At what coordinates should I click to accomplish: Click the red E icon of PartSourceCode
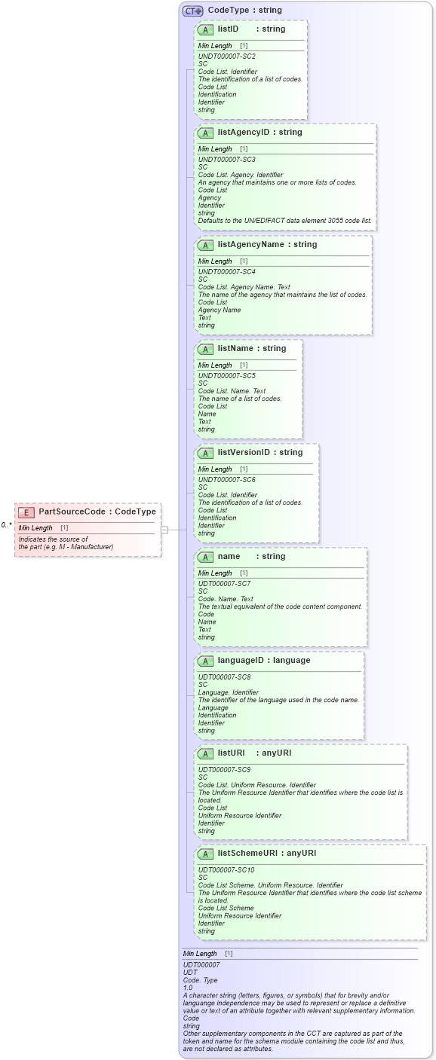pos(26,512)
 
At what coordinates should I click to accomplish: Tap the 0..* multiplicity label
pos(6,524)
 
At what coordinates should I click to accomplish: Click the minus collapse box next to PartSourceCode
pos(164,530)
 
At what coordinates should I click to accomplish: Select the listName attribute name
pos(236,349)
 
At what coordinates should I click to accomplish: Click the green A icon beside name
pos(204,557)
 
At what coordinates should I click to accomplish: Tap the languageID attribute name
pos(242,661)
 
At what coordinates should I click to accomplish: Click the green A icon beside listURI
pos(204,753)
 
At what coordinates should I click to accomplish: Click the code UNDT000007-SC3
pos(226,160)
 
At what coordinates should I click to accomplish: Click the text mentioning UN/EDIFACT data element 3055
pos(284,221)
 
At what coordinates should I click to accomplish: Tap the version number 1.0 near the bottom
pos(188,987)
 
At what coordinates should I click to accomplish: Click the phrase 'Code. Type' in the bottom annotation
pos(199,979)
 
